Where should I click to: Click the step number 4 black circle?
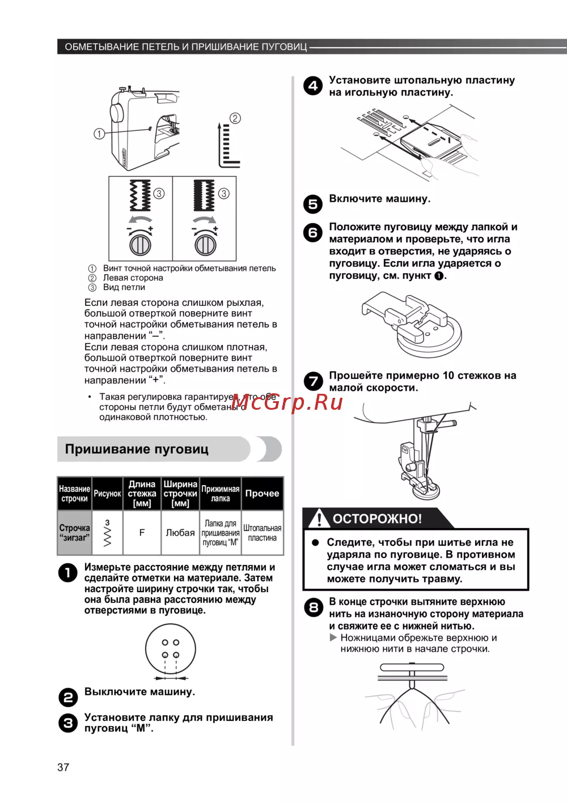(312, 86)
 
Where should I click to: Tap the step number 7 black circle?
(312, 381)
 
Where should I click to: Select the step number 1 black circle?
(67, 573)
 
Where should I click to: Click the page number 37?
(63, 767)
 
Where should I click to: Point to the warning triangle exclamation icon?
(319, 518)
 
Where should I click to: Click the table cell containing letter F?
(142, 533)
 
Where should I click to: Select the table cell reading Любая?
(180, 533)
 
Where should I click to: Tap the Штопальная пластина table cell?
(262, 533)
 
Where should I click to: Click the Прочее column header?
(262, 494)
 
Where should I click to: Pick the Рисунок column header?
(107, 494)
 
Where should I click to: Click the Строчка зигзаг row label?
(74, 533)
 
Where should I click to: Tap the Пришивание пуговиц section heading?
(137, 449)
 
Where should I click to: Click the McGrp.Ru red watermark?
(287, 402)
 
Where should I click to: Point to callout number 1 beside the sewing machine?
(99, 134)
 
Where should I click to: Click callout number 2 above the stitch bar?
(235, 118)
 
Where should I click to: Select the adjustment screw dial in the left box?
(140, 245)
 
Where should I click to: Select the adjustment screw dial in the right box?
(205, 245)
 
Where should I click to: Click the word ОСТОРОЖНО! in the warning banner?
(377, 519)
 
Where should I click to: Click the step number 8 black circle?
(312, 608)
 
